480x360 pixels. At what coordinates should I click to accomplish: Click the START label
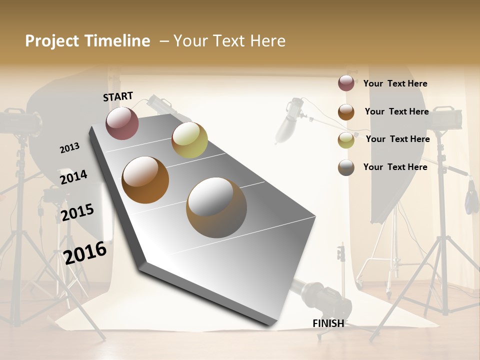[118, 96]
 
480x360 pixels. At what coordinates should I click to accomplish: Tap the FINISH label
[328, 323]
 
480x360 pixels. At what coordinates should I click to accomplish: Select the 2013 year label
[69, 148]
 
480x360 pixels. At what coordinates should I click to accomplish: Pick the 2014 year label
[73, 177]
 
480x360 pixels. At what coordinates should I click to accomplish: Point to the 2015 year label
[77, 212]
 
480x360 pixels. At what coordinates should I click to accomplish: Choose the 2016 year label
[85, 252]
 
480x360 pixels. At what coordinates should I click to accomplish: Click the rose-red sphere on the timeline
[122, 123]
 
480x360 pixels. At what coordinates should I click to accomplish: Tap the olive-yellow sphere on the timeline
[189, 140]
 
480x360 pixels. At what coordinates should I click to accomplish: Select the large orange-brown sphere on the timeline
[145, 180]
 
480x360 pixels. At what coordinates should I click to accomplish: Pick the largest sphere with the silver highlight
[216, 207]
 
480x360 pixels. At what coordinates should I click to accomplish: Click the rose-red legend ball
[346, 83]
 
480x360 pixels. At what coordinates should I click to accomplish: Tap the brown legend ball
[346, 112]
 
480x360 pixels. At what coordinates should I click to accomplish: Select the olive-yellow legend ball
[346, 140]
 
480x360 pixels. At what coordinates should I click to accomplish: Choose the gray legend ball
[346, 167]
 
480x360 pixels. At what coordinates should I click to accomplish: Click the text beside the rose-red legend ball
[395, 83]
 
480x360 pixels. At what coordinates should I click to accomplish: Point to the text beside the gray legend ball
[395, 167]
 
